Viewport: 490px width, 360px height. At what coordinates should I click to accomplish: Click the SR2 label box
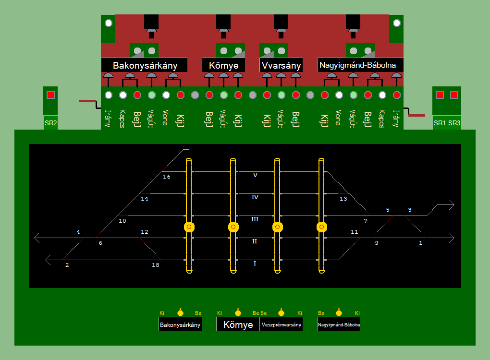pyautogui.click(x=50, y=123)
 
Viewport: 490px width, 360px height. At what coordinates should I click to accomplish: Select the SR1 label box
pyautogui.click(x=440, y=123)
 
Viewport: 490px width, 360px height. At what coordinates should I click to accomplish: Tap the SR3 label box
pyautogui.click(x=454, y=123)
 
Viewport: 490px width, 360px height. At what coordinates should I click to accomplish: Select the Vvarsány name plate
pyautogui.click(x=282, y=65)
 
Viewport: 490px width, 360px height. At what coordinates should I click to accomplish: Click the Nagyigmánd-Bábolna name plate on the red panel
pyautogui.click(x=360, y=65)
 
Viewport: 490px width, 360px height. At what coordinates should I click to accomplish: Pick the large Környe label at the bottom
pyautogui.click(x=238, y=324)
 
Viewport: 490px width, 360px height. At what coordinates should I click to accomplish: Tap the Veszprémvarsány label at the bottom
pyautogui.click(x=281, y=325)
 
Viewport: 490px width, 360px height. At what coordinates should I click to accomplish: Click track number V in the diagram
pyautogui.click(x=255, y=175)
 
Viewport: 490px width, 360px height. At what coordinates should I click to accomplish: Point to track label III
pyautogui.click(x=255, y=219)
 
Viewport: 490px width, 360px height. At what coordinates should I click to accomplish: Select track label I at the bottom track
pyautogui.click(x=255, y=264)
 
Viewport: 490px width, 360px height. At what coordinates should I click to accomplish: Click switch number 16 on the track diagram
pyautogui.click(x=167, y=177)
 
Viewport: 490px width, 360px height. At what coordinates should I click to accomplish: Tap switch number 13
pyautogui.click(x=343, y=199)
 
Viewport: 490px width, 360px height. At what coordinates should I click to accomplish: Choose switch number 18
pyautogui.click(x=155, y=265)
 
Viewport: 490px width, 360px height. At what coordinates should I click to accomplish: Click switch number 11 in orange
pyautogui.click(x=355, y=232)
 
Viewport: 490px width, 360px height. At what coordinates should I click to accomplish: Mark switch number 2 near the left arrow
pyautogui.click(x=67, y=265)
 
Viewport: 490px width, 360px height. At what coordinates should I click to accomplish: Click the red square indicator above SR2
pyautogui.click(x=50, y=95)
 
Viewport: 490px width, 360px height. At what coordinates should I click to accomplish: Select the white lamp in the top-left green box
pyautogui.click(x=109, y=23)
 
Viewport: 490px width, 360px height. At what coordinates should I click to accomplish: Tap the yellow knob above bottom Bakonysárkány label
pyautogui.click(x=180, y=313)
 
